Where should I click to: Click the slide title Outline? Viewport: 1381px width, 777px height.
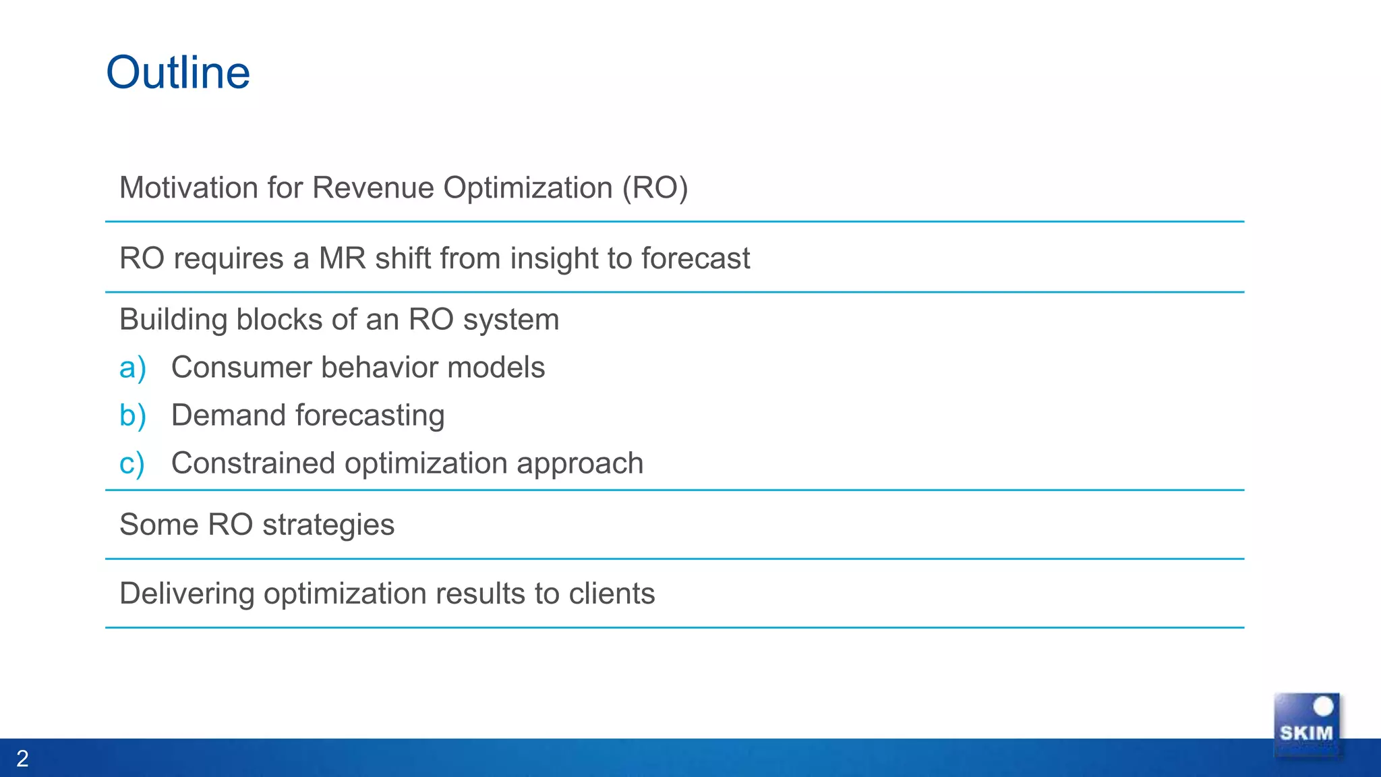click(x=178, y=72)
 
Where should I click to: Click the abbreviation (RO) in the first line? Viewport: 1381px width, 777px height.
click(x=654, y=188)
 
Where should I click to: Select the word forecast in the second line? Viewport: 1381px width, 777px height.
click(x=695, y=258)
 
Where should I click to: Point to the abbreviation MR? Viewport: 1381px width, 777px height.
click(x=343, y=258)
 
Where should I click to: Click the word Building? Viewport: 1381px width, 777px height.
click(x=173, y=320)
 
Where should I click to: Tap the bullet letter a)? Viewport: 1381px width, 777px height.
click(x=132, y=368)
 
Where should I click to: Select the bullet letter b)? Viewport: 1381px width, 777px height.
click(x=132, y=415)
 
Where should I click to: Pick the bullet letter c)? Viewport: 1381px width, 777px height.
click(x=131, y=464)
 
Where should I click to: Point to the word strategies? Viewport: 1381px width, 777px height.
click(x=328, y=525)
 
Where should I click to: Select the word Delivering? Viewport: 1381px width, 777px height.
click(x=187, y=594)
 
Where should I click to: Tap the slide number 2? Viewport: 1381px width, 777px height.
click(x=22, y=759)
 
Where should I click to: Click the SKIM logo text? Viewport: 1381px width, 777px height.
click(x=1306, y=733)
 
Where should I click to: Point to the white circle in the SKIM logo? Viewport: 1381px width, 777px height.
click(x=1323, y=706)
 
